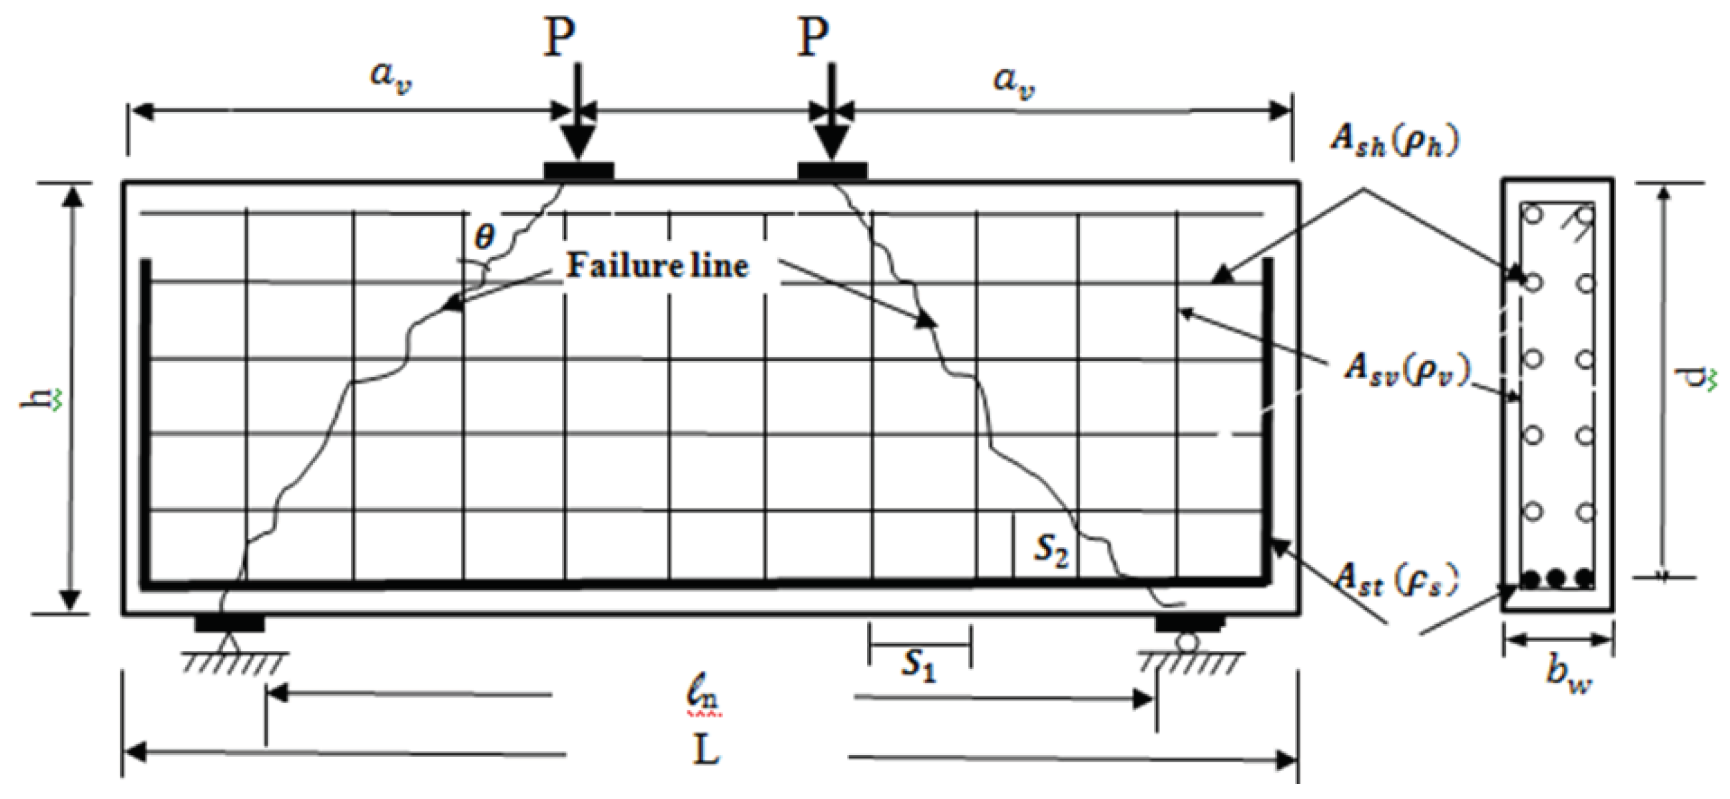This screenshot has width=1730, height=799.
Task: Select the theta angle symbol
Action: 484,236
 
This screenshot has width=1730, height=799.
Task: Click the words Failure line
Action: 657,266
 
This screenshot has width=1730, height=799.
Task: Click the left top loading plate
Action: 578,171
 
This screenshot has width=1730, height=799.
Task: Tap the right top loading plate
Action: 832,171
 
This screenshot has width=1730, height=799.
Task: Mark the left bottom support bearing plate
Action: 230,624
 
